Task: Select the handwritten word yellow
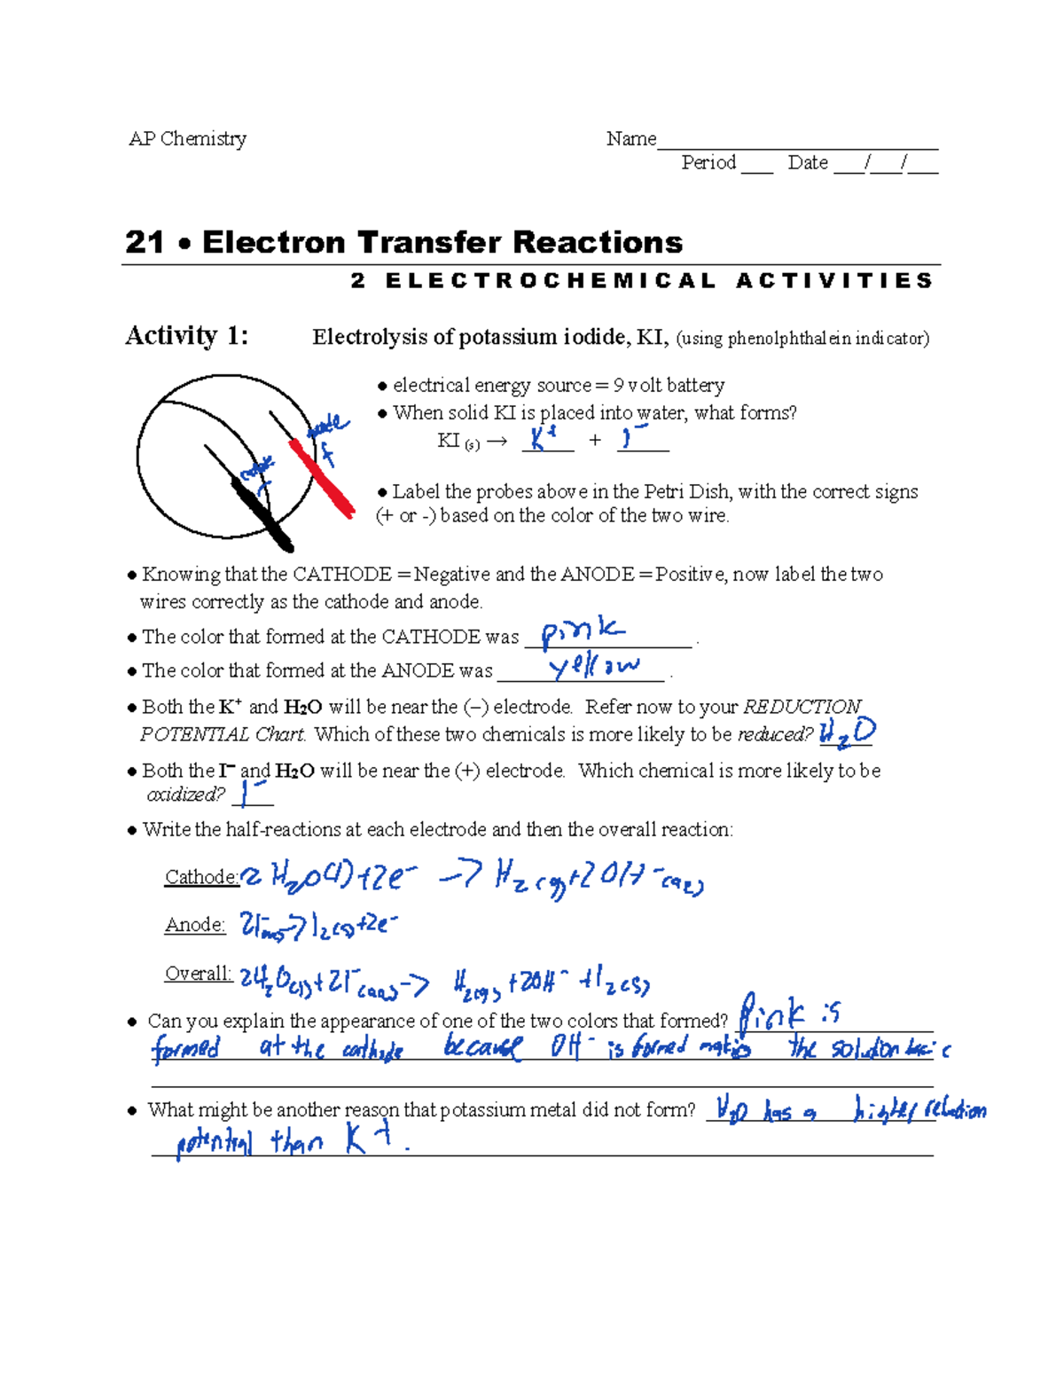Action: click(x=593, y=666)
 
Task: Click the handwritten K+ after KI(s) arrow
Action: click(x=543, y=438)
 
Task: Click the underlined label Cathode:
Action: click(x=201, y=877)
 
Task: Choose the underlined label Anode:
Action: click(x=195, y=925)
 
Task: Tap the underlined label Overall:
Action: click(x=199, y=974)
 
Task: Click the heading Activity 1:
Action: click(x=187, y=336)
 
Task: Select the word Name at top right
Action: click(x=631, y=139)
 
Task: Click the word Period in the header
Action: click(x=708, y=163)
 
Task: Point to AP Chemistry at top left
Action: click(x=188, y=139)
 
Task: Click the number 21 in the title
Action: click(x=145, y=242)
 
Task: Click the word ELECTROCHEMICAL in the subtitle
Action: click(x=551, y=281)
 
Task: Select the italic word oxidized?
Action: click(x=185, y=795)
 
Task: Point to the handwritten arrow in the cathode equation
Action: click(x=460, y=876)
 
